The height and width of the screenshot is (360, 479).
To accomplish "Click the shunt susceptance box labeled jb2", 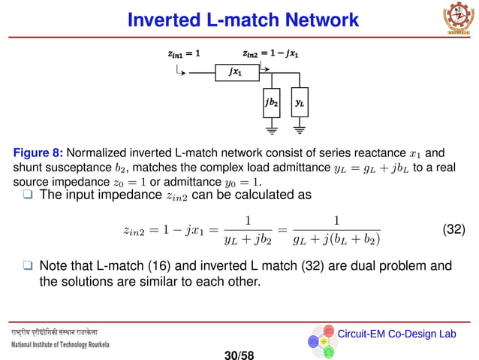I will pyautogui.click(x=271, y=101).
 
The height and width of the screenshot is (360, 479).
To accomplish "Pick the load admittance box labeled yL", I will pyautogui.click(x=300, y=101).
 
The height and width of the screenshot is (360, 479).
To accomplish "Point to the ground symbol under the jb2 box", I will pyautogui.click(x=271, y=129).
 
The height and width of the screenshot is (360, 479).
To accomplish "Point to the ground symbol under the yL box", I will pyautogui.click(x=300, y=129).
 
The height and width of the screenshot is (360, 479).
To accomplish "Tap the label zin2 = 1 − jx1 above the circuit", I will pyautogui.click(x=270, y=53).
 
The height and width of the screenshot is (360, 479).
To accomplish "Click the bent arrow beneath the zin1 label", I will pyautogui.click(x=179, y=70).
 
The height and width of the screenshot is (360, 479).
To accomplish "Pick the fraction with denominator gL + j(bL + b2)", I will pyautogui.click(x=336, y=230).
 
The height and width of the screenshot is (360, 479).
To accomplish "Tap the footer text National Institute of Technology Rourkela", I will pyautogui.click(x=60, y=345).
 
